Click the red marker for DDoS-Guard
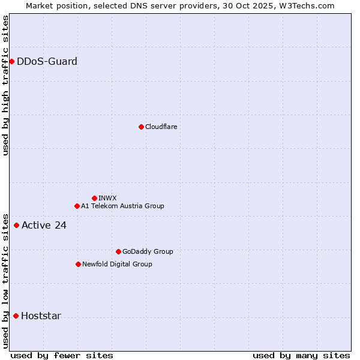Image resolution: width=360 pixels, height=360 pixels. pyautogui.click(x=11, y=61)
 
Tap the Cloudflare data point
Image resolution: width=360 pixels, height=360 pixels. pyautogui.click(x=141, y=127)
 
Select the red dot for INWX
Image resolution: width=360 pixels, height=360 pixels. pyautogui.click(x=94, y=198)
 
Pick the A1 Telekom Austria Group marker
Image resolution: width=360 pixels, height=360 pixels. pyautogui.click(x=77, y=206)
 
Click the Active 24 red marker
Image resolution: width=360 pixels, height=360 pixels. pyautogui.click(x=16, y=225)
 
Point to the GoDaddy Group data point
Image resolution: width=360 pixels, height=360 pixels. pyautogui.click(x=118, y=251)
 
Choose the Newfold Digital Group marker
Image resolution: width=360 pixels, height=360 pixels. pyautogui.click(x=78, y=264)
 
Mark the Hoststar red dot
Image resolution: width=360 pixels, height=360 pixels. pyautogui.click(x=16, y=316)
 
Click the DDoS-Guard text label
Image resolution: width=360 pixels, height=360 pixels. pyautogui.click(x=47, y=61)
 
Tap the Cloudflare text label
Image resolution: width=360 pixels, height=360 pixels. pyautogui.click(x=161, y=127)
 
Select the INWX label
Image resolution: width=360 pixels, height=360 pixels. pyautogui.click(x=107, y=198)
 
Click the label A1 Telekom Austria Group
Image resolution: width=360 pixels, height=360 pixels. pyautogui.click(x=122, y=206)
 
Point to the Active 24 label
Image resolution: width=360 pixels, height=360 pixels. pyautogui.click(x=44, y=225)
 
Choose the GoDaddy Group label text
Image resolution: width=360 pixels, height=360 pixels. pyautogui.click(x=147, y=251)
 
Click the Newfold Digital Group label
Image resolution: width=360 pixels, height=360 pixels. pyautogui.click(x=117, y=264)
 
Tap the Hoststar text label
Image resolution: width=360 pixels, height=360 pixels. pyautogui.click(x=41, y=316)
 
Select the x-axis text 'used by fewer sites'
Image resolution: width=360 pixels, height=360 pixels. pyautogui.click(x=61, y=355)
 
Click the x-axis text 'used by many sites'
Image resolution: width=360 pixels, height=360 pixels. pyautogui.click(x=301, y=355)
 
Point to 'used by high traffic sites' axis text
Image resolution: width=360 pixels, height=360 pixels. pyautogui.click(x=5, y=85)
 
